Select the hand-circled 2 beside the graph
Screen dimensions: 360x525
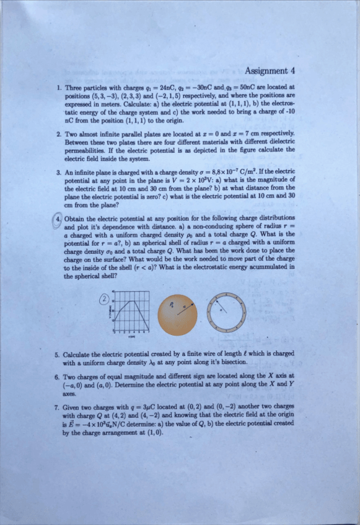pyautogui.click(x=105, y=299)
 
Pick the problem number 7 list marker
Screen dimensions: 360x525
pyautogui.click(x=57, y=408)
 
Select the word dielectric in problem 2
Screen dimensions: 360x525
pyautogui.click(x=282, y=141)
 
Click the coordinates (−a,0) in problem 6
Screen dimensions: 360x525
pyautogui.click(x=77, y=384)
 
